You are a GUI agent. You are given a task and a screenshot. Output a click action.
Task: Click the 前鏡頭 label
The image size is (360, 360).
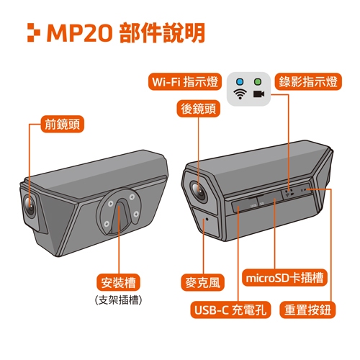coord(63,124)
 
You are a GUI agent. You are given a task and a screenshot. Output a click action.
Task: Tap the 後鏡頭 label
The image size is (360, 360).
coord(198,109)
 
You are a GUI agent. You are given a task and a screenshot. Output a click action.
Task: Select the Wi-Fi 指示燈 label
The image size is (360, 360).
coord(185,81)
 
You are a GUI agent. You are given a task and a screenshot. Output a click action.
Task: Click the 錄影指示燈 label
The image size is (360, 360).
coord(308,81)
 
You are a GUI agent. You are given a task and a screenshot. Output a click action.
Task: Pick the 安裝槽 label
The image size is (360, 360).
coord(118,282)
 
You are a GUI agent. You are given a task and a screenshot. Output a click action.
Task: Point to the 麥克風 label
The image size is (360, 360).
coord(202,282)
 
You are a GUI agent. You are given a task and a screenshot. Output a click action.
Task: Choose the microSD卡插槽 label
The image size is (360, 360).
coord(284,278)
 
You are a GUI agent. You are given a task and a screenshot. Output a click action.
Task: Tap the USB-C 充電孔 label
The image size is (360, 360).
coord(230,310)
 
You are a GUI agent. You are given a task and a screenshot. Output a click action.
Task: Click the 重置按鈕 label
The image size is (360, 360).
coord(307,310)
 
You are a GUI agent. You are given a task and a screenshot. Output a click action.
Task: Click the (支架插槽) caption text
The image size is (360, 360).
coord(118,300)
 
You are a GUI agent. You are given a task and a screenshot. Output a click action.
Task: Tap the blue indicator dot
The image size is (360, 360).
coord(240,81)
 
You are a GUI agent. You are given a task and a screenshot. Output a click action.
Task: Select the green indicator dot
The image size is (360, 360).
coord(258,81)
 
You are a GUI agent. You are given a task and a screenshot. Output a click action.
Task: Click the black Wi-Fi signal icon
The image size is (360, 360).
coord(240,94)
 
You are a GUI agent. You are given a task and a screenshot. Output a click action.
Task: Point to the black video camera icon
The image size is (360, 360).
coord(259,94)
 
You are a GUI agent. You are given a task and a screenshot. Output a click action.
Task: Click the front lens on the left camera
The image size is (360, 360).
coord(30,206)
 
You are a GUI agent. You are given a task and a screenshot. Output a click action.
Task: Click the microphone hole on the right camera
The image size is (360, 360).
coord(207,219)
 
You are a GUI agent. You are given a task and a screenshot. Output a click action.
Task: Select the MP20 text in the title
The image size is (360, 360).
coord(80,32)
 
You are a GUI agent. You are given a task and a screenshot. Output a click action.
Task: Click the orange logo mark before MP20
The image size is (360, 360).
coord(34,32)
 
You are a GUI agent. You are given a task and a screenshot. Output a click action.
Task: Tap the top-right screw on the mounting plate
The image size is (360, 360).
coord(132,197)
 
